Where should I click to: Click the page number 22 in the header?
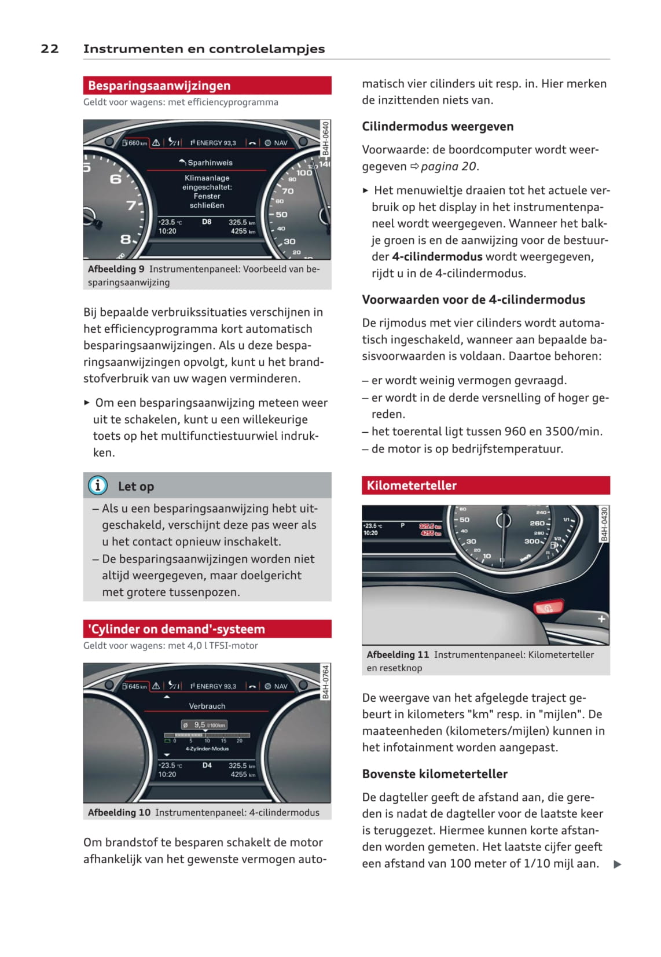[x=50, y=49]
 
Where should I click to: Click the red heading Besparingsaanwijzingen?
[x=159, y=86]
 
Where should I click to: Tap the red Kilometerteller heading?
[x=412, y=485]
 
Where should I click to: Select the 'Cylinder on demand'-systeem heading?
[x=176, y=629]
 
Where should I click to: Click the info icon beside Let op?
[x=97, y=485]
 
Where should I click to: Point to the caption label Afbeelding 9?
[x=116, y=269]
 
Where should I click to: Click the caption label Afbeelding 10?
[x=119, y=812]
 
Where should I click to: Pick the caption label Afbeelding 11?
[x=398, y=654]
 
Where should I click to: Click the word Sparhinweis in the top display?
[x=210, y=163]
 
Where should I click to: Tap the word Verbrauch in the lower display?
[x=207, y=706]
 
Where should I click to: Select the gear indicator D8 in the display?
[x=207, y=222]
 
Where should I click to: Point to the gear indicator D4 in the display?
[x=207, y=765]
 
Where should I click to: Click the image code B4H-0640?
[x=326, y=138]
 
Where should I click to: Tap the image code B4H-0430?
[x=604, y=524]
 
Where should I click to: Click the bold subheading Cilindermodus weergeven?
[x=438, y=126]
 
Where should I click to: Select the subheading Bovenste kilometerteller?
[x=435, y=774]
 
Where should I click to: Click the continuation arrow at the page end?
[x=617, y=864]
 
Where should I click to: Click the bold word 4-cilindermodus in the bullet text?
[x=437, y=256]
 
